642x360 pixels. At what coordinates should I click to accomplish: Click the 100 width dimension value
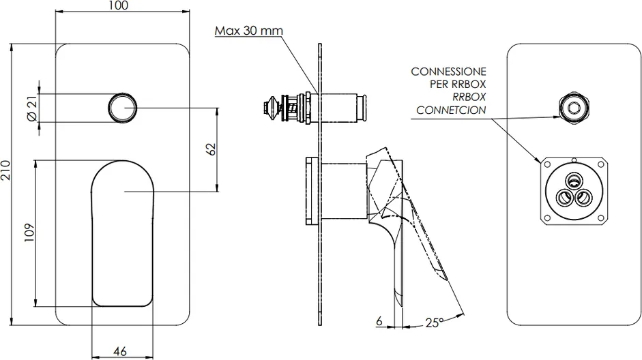click(x=119, y=5)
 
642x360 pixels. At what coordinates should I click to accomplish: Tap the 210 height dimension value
click(x=5, y=170)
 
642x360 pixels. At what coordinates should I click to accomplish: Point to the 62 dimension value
click(x=210, y=149)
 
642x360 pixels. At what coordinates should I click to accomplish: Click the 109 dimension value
click(x=29, y=232)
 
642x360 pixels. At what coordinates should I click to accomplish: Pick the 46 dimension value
click(x=119, y=351)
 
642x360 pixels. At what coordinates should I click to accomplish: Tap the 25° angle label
click(x=435, y=322)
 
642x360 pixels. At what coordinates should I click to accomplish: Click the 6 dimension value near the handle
click(x=379, y=320)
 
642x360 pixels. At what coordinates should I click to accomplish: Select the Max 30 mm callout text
click(x=249, y=31)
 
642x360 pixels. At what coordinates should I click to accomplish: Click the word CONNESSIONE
click(x=448, y=72)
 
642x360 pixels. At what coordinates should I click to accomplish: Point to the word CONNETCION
click(x=451, y=110)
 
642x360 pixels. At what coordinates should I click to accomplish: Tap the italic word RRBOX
click(x=469, y=97)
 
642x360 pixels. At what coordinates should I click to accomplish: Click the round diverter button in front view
click(x=122, y=108)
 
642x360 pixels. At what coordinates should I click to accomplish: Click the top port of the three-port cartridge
click(x=573, y=179)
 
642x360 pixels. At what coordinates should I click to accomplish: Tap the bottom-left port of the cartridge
click(x=565, y=198)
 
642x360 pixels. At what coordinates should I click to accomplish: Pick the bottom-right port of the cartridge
click(x=583, y=198)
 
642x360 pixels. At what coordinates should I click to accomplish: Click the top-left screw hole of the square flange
click(x=546, y=164)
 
